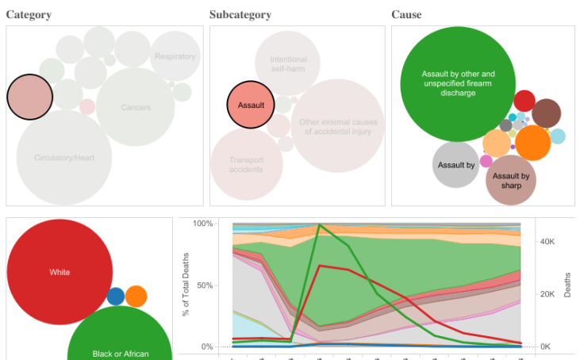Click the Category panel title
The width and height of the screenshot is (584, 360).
click(29, 15)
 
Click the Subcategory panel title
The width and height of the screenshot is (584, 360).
click(240, 15)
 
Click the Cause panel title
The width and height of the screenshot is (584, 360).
click(406, 15)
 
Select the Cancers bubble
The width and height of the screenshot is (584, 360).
click(136, 107)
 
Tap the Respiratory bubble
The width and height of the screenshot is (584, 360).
click(175, 56)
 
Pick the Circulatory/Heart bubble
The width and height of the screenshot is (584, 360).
click(64, 158)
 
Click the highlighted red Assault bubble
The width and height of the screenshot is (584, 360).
click(251, 105)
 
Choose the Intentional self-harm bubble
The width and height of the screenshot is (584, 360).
click(287, 64)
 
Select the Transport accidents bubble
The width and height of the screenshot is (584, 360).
click(246, 164)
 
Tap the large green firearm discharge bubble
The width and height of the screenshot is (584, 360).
click(458, 83)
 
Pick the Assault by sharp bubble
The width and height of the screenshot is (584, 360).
click(511, 180)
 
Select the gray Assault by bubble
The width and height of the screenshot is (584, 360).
click(456, 165)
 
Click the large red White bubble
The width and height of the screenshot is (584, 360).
click(60, 272)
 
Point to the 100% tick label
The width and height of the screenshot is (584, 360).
click(203, 224)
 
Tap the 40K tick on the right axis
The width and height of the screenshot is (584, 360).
click(547, 241)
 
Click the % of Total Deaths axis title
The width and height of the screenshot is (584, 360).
click(186, 285)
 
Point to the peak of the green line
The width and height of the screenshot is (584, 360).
click(320, 225)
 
